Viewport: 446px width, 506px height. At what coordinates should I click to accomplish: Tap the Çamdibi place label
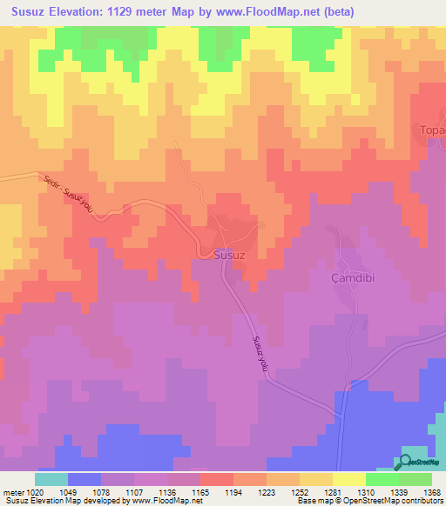pos(355,276)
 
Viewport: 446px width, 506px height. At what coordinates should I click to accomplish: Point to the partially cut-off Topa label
pos(433,130)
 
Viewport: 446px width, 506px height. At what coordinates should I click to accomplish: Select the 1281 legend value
pos(329,491)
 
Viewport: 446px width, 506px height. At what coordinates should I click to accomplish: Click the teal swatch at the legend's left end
pos(51,479)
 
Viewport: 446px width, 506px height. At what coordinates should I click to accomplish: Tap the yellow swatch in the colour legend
pos(348,479)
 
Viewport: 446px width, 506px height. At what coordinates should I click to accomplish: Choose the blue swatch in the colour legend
pos(84,479)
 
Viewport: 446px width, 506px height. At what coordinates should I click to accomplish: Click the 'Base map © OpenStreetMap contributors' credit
pos(369,501)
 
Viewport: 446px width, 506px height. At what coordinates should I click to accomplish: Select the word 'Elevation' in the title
pos(90,10)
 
